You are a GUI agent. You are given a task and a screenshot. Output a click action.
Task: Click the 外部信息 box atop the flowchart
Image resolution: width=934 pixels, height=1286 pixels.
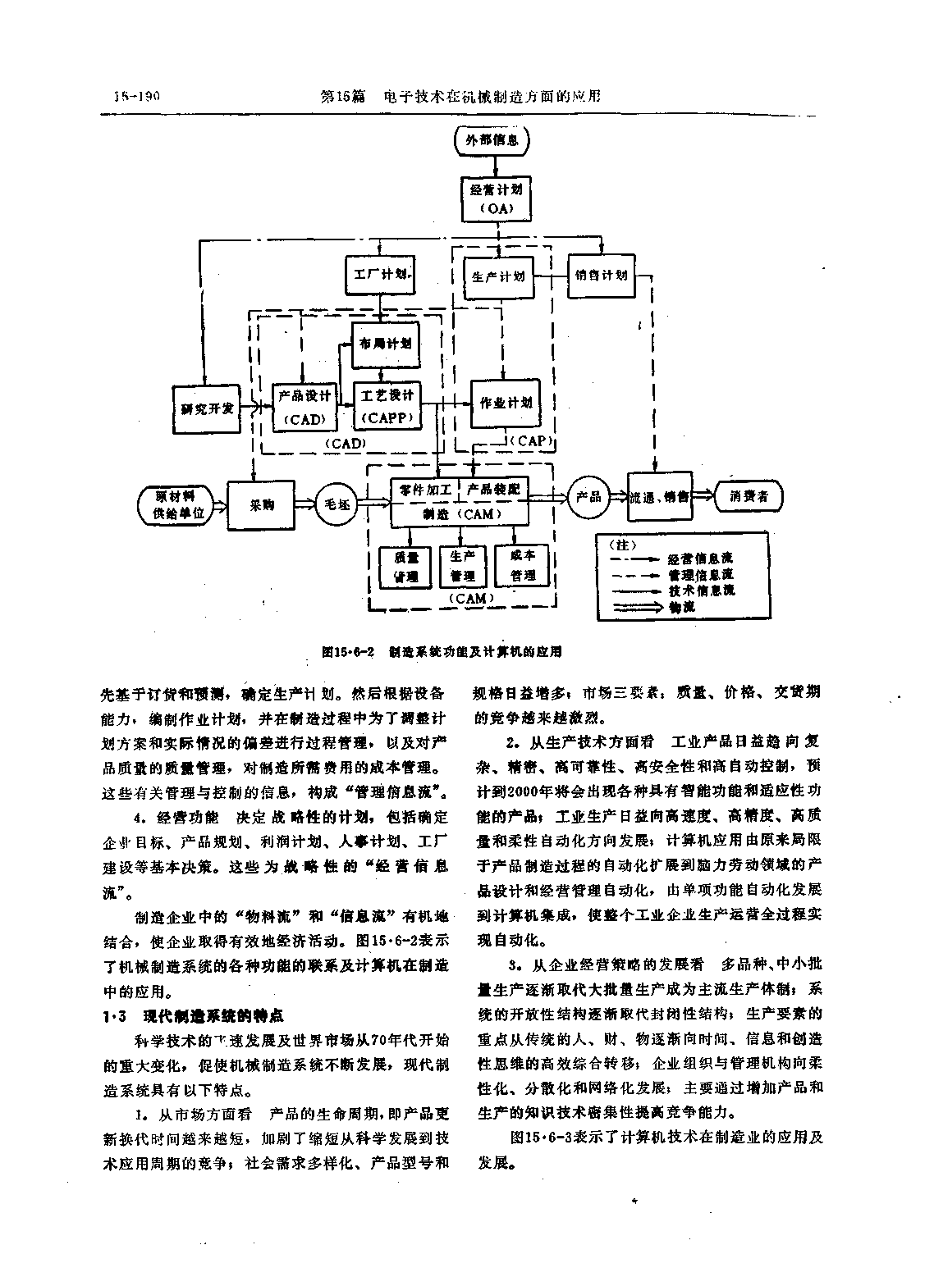(492, 140)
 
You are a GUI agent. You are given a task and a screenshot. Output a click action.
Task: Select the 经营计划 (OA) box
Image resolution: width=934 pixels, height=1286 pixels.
(495, 198)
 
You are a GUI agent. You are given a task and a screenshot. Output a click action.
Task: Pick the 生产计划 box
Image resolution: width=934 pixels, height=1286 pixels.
(498, 276)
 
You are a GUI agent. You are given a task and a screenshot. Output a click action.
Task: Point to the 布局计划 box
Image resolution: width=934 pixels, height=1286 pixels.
(386, 344)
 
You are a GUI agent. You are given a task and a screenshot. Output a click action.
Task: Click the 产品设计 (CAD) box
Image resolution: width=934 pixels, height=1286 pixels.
(304, 406)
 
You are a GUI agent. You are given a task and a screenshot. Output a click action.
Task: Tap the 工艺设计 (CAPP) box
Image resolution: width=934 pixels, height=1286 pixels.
(388, 406)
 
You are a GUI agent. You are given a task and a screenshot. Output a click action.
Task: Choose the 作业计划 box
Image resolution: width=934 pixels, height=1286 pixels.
(505, 403)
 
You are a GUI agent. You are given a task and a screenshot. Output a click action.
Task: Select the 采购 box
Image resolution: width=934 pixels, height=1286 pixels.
(261, 504)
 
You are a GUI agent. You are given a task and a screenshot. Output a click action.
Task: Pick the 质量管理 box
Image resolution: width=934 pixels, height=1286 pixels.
(405, 565)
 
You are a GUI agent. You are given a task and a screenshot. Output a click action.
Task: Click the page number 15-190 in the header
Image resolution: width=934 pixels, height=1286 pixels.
(136, 96)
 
